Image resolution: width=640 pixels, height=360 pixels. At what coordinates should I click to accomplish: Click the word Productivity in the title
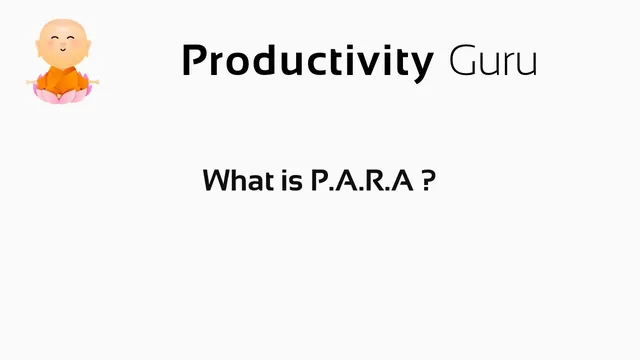[x=307, y=61]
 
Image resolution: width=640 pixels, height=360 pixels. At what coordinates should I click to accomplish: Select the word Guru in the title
[x=493, y=61]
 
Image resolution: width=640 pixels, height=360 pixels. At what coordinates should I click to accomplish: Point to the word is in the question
[x=288, y=181]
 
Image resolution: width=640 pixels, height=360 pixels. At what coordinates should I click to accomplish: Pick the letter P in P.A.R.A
[x=319, y=181]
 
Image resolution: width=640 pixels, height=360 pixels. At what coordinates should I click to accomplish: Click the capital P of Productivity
[x=195, y=61]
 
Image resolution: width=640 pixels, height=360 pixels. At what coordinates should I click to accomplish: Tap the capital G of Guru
[x=463, y=61]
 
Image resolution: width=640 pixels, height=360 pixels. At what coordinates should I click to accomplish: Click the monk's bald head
[x=58, y=31]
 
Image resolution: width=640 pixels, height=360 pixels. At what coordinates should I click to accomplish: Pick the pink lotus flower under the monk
[x=58, y=95]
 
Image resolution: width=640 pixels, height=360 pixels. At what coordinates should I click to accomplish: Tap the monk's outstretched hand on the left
[x=31, y=79]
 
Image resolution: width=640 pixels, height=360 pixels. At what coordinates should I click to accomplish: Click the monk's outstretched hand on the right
[x=86, y=79]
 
